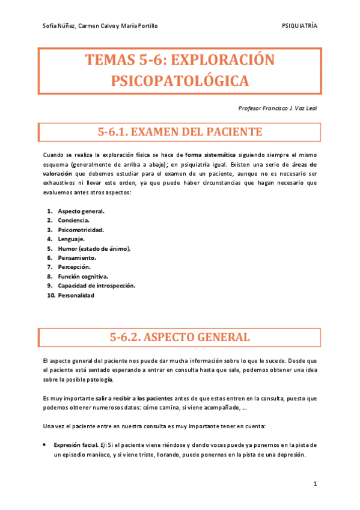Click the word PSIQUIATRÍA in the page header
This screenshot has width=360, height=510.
pos(299,26)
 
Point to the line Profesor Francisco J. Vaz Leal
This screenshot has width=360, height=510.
pos(278,108)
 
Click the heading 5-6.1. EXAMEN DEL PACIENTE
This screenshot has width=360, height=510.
pos(180,132)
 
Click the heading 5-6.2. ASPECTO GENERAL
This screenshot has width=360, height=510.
pos(180,337)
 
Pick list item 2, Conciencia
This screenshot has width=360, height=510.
pos(74,220)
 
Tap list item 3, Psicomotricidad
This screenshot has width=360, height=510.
pos(81,230)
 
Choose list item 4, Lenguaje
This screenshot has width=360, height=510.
pos(72,239)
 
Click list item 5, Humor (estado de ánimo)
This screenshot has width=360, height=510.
pos(94,248)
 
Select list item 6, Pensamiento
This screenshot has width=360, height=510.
pos(76,257)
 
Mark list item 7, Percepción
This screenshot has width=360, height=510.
pos(74,267)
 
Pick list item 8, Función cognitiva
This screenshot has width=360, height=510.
pos(83,277)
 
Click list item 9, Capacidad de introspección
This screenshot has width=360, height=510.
pos(96,286)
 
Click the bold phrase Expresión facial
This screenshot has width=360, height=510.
pos(75,445)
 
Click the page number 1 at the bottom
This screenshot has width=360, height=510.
pos(314,485)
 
